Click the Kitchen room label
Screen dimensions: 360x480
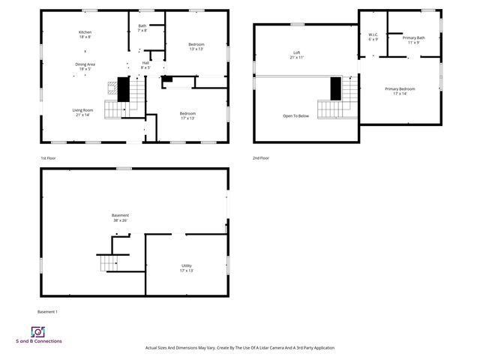pos(85,34)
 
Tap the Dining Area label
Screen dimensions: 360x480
pos(85,66)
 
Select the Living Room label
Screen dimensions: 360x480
pos(82,112)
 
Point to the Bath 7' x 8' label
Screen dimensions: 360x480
pos(142,28)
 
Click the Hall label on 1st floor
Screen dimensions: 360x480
pos(145,65)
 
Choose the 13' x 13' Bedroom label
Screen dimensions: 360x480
pos(196,47)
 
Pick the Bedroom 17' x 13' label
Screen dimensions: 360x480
pos(187,115)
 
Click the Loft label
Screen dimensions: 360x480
pos(297,55)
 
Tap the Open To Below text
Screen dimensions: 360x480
pos(296,116)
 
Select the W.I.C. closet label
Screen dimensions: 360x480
pos(373,38)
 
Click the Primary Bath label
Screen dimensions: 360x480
pos(413,40)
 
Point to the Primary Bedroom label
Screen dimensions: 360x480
pos(400,91)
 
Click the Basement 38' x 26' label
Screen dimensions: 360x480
pos(120,217)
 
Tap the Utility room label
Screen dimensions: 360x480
pos(187,268)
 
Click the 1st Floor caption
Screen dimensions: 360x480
pos(49,158)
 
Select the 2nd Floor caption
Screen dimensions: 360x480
pos(262,158)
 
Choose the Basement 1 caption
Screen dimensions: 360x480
pos(47,311)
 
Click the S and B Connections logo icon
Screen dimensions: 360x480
pos(37,331)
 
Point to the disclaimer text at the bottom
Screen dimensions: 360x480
pos(239,348)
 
